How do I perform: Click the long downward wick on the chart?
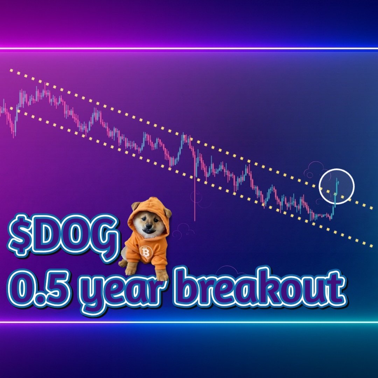click(x=195, y=203)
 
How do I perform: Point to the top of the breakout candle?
click(x=337, y=179)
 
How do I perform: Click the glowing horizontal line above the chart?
click(x=189, y=49)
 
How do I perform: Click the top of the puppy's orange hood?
click(x=149, y=201)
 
